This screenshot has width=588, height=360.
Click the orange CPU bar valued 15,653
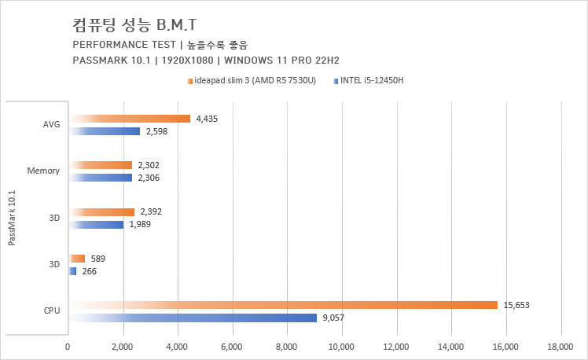283,305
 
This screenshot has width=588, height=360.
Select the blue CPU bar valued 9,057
193,318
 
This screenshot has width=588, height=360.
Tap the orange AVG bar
130,119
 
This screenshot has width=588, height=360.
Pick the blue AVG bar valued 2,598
105,131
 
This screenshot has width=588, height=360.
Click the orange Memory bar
100,165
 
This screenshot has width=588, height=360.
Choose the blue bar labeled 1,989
96,225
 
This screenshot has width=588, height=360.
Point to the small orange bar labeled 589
77,259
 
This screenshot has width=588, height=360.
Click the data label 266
90,271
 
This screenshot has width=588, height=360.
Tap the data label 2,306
149,178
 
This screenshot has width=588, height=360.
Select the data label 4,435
207,119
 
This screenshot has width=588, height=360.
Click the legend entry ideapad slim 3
252,80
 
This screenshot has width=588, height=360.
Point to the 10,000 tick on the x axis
342,346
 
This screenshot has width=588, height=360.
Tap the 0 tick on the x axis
68,346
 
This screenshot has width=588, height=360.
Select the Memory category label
44,171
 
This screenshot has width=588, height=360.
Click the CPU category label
52,311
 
